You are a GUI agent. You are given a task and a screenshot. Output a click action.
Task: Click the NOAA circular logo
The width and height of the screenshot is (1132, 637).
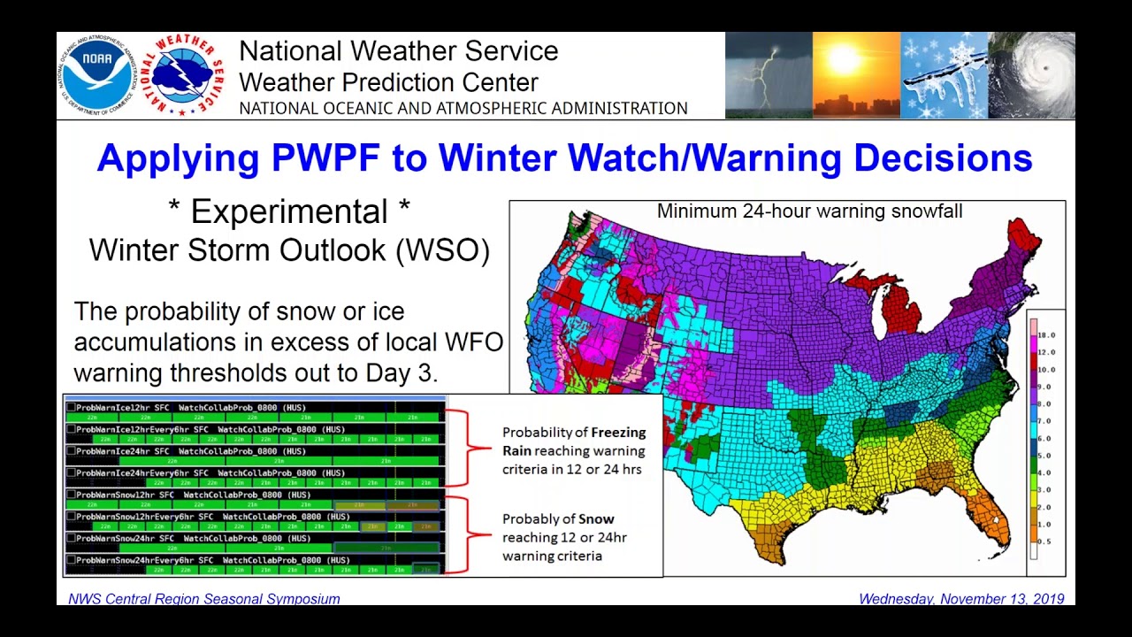96,76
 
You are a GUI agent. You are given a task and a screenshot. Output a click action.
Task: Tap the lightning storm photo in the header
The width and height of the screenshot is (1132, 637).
768,76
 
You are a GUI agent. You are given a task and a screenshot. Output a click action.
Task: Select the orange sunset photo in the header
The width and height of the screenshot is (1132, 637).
855,76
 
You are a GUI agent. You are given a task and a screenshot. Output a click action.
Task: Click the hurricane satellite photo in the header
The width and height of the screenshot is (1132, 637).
1031,76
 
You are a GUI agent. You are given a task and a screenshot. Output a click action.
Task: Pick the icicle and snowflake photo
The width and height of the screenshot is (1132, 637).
944,76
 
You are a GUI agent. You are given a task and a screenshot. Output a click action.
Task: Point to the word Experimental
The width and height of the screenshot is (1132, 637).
288,211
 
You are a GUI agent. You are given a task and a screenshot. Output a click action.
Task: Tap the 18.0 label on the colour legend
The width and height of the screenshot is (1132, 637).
1046,335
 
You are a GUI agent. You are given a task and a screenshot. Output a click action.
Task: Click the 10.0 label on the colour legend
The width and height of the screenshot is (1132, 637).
1046,370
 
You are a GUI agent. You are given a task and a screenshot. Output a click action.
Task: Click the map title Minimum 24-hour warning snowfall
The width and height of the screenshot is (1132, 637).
809,211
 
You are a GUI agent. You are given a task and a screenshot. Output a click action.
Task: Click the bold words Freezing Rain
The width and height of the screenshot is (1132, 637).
573,441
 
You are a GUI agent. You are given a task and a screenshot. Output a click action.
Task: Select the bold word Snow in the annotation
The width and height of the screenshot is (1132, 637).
597,519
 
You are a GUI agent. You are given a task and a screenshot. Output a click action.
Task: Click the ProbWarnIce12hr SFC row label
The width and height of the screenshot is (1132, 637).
124,408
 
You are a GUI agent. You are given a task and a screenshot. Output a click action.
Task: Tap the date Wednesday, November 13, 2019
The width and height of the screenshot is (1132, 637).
960,599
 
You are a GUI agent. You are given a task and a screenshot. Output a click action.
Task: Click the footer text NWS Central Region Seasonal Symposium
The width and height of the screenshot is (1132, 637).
204,599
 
